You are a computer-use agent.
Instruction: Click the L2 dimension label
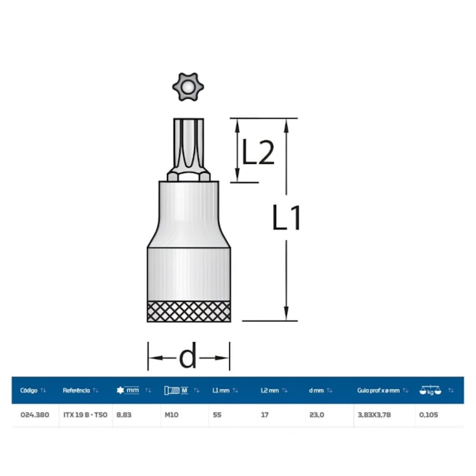[x=258, y=152]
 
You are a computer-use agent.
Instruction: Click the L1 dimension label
[x=286, y=217]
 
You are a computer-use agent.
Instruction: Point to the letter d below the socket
[x=188, y=355]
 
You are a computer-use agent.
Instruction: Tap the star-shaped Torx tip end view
[x=188, y=87]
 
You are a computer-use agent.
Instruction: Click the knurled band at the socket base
[x=188, y=311]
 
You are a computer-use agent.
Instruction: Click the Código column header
[x=29, y=390]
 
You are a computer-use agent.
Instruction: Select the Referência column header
[x=76, y=390]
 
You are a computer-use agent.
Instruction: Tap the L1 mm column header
[x=220, y=390]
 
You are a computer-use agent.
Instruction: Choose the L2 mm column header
[x=269, y=390]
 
